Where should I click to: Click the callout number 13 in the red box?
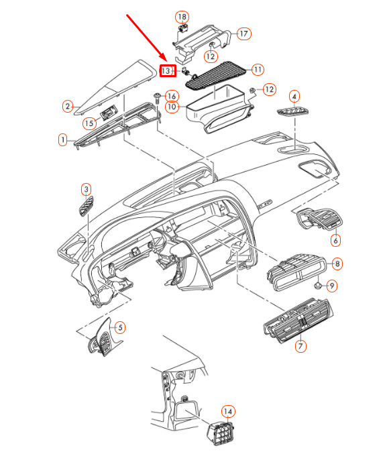click(166, 70)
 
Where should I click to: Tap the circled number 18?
click(182, 17)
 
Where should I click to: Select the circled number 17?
click(244, 34)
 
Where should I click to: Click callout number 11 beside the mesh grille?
click(258, 70)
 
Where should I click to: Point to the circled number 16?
click(172, 97)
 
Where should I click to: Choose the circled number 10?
click(172, 107)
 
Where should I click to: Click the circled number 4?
click(294, 97)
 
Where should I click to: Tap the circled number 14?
click(228, 411)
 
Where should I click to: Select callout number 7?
click(300, 345)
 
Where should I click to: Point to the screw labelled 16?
click(158, 99)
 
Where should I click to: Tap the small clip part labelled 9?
click(318, 286)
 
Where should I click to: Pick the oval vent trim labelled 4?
click(293, 111)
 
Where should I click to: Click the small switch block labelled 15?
click(109, 112)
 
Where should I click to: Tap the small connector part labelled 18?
click(182, 28)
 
